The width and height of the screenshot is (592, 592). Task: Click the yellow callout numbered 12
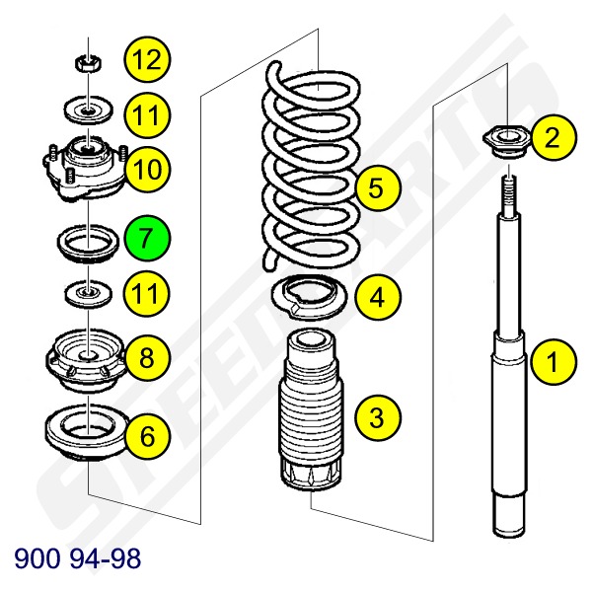pyautogui.click(x=147, y=59)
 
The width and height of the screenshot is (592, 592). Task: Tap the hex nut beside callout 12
pyautogui.click(x=89, y=63)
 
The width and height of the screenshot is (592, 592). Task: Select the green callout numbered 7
pyautogui.click(x=146, y=238)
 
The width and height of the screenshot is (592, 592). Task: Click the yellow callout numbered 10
pyautogui.click(x=147, y=169)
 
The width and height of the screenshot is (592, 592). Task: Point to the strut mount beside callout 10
pyautogui.click(x=85, y=169)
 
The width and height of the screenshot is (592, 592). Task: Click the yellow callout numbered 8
pyautogui.click(x=147, y=357)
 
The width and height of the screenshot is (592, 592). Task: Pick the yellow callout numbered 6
pyautogui.click(x=147, y=436)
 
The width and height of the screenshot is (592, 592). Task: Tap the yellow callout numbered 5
pyautogui.click(x=377, y=187)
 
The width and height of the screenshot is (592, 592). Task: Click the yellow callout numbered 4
pyautogui.click(x=377, y=297)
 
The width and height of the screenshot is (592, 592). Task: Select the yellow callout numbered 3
pyautogui.click(x=377, y=417)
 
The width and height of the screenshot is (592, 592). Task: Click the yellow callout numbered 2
pyautogui.click(x=554, y=137)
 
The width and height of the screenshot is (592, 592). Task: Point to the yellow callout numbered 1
pyautogui.click(x=554, y=362)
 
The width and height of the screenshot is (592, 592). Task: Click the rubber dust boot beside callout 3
pyautogui.click(x=311, y=410)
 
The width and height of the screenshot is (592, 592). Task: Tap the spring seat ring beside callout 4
pyautogui.click(x=309, y=297)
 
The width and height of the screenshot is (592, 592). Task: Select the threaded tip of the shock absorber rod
pyautogui.click(x=509, y=196)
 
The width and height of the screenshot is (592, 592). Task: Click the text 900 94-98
pyautogui.click(x=77, y=558)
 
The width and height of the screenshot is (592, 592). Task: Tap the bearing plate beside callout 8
pyautogui.click(x=87, y=360)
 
